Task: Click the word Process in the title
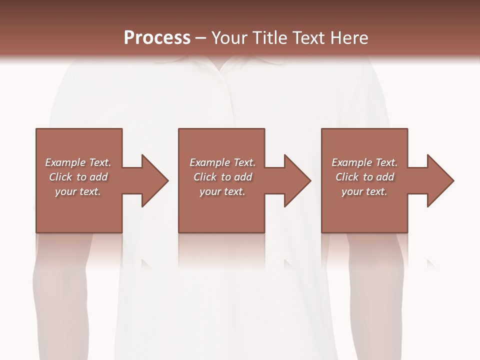(x=157, y=38)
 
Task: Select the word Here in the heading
(x=350, y=38)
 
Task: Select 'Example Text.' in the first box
(x=78, y=162)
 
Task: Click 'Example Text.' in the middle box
(x=222, y=162)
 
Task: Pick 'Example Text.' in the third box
(x=364, y=162)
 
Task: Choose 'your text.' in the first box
(x=78, y=191)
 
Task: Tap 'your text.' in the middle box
(x=222, y=191)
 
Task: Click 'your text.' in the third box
(x=364, y=191)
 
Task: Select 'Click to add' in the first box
(x=78, y=177)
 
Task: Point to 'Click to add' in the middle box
(x=222, y=177)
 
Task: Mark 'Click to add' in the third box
(x=364, y=177)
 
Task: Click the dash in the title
(x=200, y=38)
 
